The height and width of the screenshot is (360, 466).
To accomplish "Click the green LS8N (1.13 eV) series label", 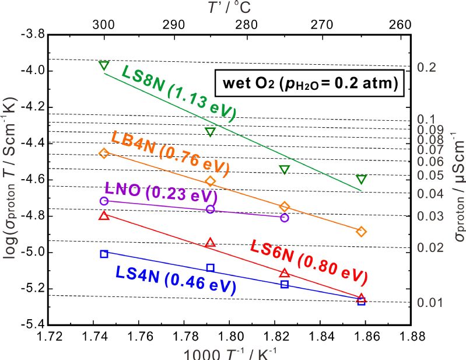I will pyautogui.click(x=178, y=93).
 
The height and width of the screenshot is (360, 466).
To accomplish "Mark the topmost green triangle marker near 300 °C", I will pyautogui.click(x=104, y=65).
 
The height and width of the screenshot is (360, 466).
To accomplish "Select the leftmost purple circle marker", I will pyautogui.click(x=104, y=201).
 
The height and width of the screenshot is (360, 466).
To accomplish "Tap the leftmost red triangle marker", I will pyautogui.click(x=104, y=216).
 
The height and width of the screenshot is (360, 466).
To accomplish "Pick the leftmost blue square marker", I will pyautogui.click(x=104, y=254).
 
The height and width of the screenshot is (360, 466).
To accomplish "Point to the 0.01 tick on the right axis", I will pyautogui.click(x=430, y=302).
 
